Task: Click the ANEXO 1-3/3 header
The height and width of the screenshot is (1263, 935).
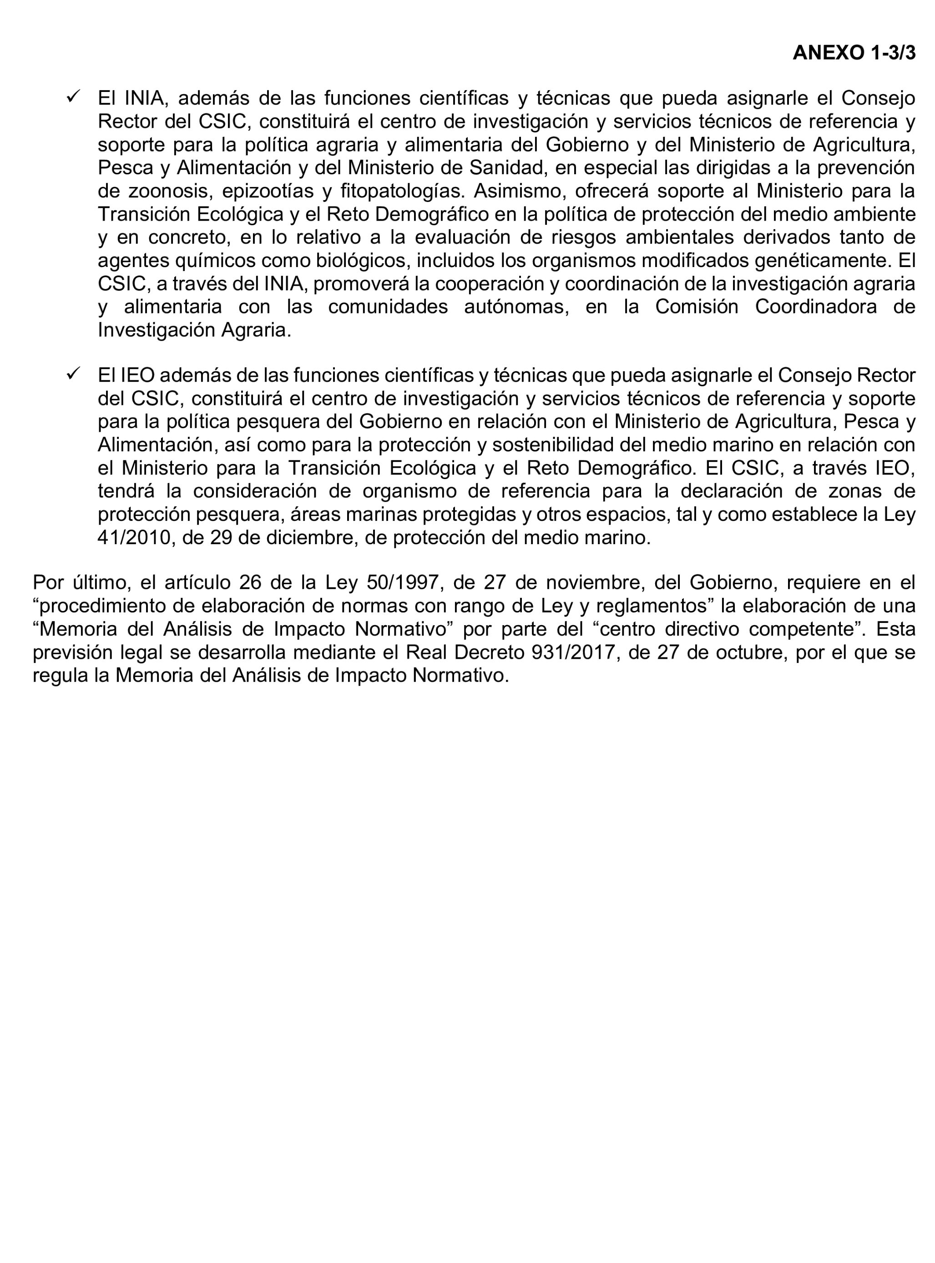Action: tap(854, 53)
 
